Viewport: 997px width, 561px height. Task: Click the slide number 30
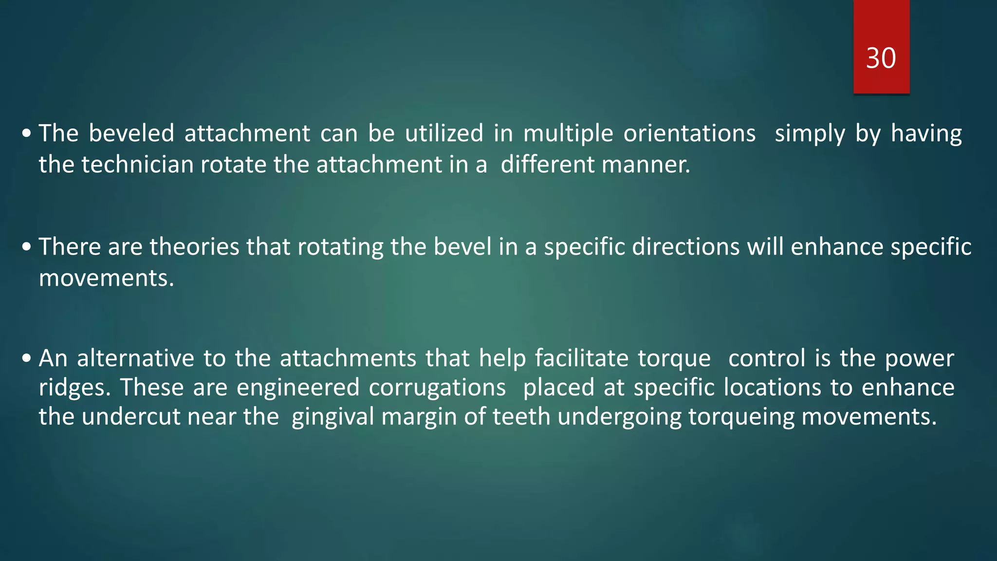tap(881, 58)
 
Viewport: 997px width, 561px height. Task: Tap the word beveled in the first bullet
tap(131, 133)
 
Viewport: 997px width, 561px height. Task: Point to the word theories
tap(194, 246)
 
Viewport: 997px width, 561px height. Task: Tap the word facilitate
tap(582, 358)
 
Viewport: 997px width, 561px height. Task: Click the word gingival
tap(332, 417)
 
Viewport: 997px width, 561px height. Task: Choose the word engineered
tap(298, 388)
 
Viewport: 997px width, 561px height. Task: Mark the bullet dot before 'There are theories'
tap(27, 247)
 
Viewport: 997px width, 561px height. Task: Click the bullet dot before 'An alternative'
tap(27, 359)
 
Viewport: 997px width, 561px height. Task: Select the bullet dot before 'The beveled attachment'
tap(27, 133)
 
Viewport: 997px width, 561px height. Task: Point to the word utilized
tap(444, 133)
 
